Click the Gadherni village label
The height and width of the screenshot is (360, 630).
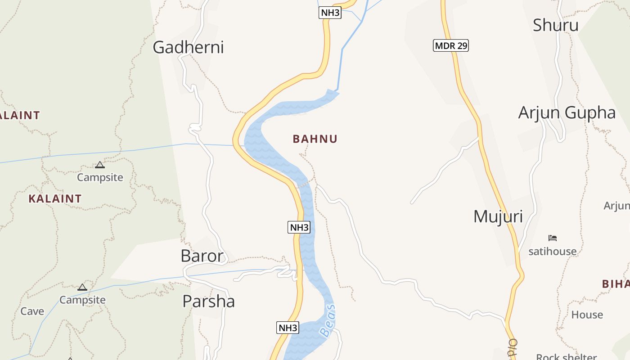[188, 47]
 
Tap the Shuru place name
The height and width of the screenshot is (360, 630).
[555, 25]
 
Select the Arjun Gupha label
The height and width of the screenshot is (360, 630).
[567, 112]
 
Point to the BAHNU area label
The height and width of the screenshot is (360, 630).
[315, 139]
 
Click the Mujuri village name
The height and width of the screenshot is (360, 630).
[498, 217]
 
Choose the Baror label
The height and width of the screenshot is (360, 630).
[202, 256]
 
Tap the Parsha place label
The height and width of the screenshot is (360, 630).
[208, 301]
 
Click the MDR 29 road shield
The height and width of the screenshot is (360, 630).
[451, 45]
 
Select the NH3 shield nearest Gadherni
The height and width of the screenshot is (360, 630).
[330, 13]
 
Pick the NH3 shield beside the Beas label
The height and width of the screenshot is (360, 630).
[288, 328]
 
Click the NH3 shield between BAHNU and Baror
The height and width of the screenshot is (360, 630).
[299, 227]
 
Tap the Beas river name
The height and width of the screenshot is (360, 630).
[328, 320]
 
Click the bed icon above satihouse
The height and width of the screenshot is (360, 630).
[553, 238]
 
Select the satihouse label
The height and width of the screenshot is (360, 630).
[552, 251]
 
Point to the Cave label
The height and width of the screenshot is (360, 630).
[32, 311]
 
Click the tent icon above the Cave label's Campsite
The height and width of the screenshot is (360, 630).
[82, 287]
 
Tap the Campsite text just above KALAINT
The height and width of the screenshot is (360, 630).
[100, 177]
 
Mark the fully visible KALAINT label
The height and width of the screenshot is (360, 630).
[55, 198]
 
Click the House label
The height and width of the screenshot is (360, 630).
[587, 315]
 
